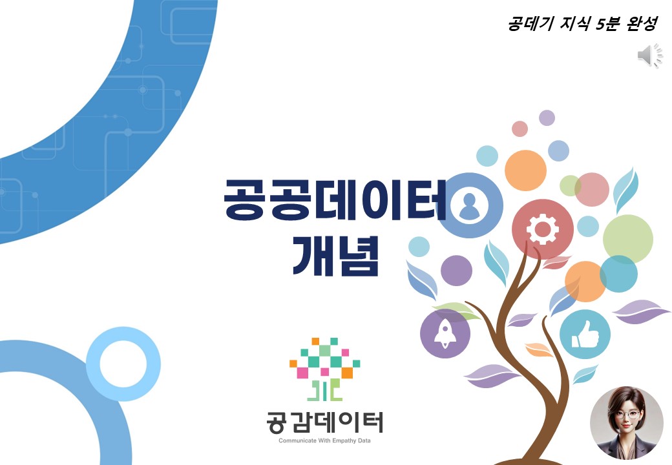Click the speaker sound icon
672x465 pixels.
pyautogui.click(x=650, y=56)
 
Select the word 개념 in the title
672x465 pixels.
pyautogui.click(x=335, y=256)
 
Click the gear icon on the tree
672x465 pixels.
pyautogui.click(x=543, y=229)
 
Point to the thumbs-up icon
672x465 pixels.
pyautogui.click(x=585, y=335)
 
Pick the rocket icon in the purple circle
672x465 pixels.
pyautogui.click(x=445, y=333)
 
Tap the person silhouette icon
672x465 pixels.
pyautogui.click(x=470, y=205)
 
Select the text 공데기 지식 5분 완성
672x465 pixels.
pyautogui.click(x=582, y=23)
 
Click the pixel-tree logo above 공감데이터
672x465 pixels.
pyautogui.click(x=324, y=369)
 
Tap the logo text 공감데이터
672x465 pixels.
pyautogui.click(x=324, y=422)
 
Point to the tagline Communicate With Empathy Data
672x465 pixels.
pyautogui.click(x=324, y=440)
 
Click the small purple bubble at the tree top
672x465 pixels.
pyautogui.click(x=547, y=118)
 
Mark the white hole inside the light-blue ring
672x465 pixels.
pyautogui.click(x=123, y=364)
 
